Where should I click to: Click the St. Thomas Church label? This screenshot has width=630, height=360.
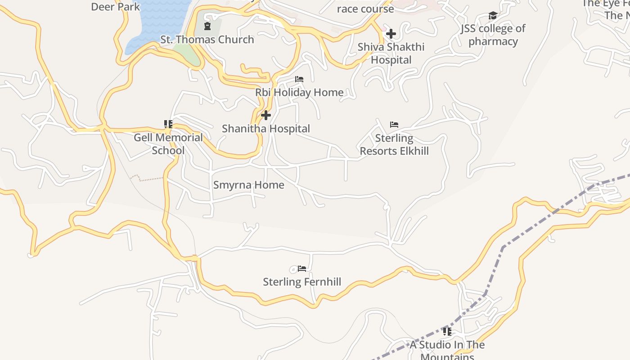coord(207,40)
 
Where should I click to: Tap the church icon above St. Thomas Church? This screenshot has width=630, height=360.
coord(207,27)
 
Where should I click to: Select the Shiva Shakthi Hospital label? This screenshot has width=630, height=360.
coord(391,53)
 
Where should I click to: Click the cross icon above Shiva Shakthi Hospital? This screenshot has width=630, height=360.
coord(391,34)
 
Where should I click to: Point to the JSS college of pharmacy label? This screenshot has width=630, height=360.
coord(493,35)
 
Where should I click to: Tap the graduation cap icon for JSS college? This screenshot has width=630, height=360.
coord(493,16)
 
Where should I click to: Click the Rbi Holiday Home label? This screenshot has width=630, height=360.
coord(299,92)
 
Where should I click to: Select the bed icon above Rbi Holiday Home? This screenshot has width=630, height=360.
coord(299,79)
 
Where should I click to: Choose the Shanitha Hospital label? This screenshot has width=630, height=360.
coord(266,129)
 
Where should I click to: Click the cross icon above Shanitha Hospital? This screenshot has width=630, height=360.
coord(266,115)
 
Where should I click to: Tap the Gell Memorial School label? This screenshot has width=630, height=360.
coord(168,144)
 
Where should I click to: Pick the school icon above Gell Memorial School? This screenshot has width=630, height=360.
coord(168,124)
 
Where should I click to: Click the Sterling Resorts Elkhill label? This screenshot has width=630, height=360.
coord(394,144)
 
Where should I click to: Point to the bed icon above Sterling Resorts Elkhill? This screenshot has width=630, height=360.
coord(394,124)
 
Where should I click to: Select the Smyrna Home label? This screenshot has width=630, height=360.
coord(248,185)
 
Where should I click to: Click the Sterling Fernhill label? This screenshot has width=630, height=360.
coord(302,282)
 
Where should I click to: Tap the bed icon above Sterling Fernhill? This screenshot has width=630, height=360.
coord(302,269)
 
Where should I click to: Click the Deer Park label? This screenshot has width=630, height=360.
coord(116,7)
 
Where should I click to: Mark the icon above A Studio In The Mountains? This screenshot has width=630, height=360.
coord(447,332)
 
